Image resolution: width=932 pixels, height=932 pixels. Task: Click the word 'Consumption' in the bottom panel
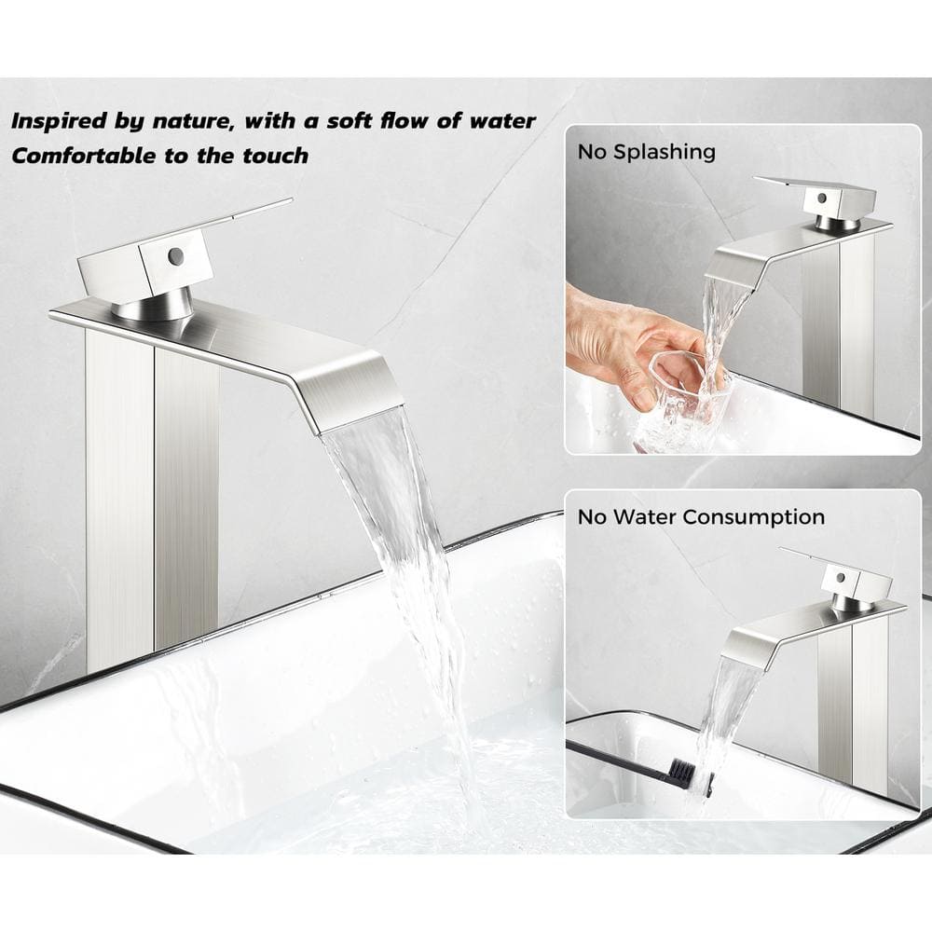pos(753,516)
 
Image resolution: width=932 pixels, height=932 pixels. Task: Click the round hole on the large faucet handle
pos(175,256)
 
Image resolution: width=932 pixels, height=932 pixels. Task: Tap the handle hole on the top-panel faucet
pos(821,198)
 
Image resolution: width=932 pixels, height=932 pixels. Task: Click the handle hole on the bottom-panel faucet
pos(840,577)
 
